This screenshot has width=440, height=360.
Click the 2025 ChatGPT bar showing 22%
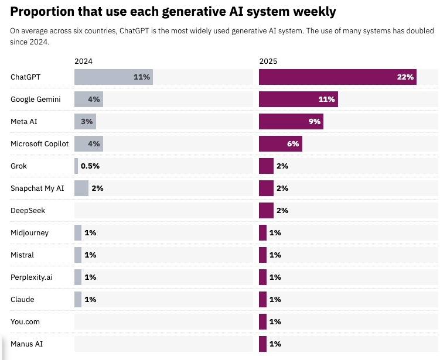click(337, 77)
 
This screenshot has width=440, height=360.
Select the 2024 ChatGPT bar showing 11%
click(113, 77)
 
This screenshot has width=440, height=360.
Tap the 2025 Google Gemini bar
click(298, 99)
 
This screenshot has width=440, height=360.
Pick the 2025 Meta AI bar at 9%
click(291, 121)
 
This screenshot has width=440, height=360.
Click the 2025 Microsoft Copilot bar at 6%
click(280, 143)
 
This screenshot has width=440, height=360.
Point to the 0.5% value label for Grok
click(90, 166)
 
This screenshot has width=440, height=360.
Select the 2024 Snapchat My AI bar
click(81, 188)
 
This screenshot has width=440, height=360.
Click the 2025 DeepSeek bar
click(266, 210)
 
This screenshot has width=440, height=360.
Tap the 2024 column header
click(83, 61)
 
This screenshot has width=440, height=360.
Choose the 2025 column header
click(268, 61)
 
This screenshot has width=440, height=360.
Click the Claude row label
click(22, 299)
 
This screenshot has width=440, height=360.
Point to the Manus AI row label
click(27, 344)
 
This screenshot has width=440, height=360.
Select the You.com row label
click(25, 321)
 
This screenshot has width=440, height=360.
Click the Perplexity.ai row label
click(31, 277)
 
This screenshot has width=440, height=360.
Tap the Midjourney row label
click(29, 232)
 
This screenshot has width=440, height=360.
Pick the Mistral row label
click(22, 255)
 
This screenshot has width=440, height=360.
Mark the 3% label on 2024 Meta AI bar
click(87, 121)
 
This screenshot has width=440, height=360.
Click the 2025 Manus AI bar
click(262, 344)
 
